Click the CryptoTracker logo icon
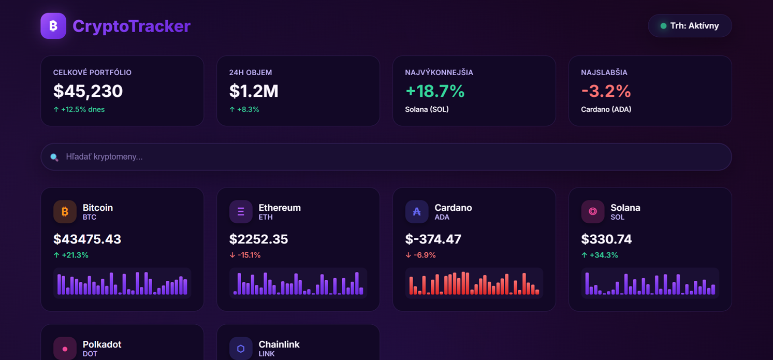[x=53, y=26]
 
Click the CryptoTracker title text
[x=132, y=26]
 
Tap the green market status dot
[x=663, y=26]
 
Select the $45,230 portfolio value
[x=88, y=91]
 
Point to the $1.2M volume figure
[x=254, y=91]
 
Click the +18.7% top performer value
[x=435, y=91]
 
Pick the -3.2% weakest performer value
[x=606, y=91]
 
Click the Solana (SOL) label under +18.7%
[x=427, y=109]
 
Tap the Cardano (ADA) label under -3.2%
[x=606, y=109]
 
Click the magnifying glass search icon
[x=54, y=157]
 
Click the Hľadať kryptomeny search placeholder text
[x=104, y=157]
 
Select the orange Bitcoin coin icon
[x=65, y=211]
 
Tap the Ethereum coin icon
[x=241, y=211]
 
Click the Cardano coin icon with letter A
[x=417, y=211]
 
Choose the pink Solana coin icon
[x=593, y=211]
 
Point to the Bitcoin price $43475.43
[x=87, y=239]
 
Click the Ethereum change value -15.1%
[x=249, y=255]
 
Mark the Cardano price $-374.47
[x=433, y=239]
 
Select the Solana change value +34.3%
[x=604, y=255]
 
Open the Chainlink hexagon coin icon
[x=241, y=348]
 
